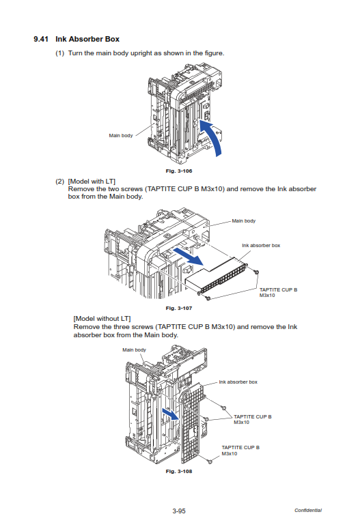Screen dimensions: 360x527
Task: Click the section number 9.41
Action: click(41, 39)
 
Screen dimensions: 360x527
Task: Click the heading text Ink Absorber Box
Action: click(87, 39)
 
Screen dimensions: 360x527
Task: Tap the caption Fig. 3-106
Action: click(179, 171)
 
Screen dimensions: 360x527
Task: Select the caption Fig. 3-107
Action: click(179, 308)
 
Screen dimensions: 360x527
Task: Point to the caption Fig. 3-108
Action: click(179, 472)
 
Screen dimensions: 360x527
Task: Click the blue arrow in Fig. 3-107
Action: click(189, 257)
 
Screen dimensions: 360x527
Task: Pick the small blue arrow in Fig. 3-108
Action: click(171, 414)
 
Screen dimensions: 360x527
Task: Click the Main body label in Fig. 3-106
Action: click(121, 135)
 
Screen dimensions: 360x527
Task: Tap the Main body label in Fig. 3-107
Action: click(244, 220)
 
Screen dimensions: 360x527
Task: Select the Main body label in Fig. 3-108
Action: click(135, 350)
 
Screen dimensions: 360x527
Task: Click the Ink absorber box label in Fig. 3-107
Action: click(261, 245)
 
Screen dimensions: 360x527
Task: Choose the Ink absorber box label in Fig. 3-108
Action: click(238, 382)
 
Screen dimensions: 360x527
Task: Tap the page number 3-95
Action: click(179, 511)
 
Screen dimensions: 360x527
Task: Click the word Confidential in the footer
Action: click(308, 510)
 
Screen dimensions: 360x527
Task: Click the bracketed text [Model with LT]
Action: click(92, 182)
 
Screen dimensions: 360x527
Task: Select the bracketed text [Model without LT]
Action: click(102, 319)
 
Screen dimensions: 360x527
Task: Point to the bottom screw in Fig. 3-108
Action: click(210, 461)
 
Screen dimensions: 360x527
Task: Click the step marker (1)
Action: click(60, 53)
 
